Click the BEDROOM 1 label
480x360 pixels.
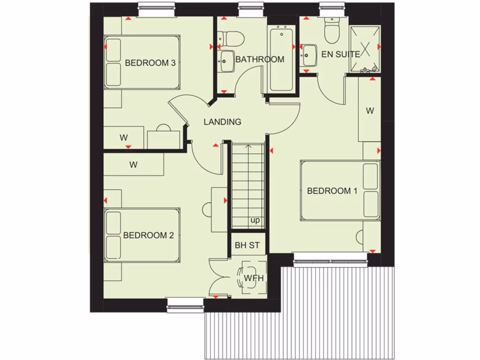pyautogui.click(x=332, y=191)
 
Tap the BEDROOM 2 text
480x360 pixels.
pyautogui.click(x=148, y=235)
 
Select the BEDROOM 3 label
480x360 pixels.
pyautogui.click(x=150, y=63)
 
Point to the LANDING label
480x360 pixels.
pyautogui.click(x=222, y=122)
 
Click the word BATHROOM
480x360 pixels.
pyautogui.click(x=260, y=60)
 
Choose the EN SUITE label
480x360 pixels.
pyautogui.click(x=340, y=54)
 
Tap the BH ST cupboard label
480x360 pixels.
pyautogui.click(x=247, y=245)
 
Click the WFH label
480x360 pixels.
pyautogui.click(x=254, y=278)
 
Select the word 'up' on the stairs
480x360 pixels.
pyautogui.click(x=255, y=220)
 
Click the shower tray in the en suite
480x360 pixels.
pyautogui.click(x=365, y=49)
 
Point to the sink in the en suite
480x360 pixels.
pyautogui.click(x=309, y=54)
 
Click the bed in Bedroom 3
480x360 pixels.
pyautogui.click(x=142, y=62)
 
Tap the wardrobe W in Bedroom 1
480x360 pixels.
pyautogui.click(x=370, y=111)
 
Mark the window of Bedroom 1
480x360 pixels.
pyautogui.click(x=330, y=259)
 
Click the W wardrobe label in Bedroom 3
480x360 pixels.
pyautogui.click(x=123, y=138)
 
